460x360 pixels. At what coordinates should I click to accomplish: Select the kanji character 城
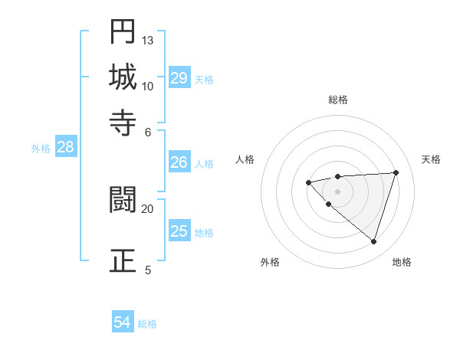(123, 77)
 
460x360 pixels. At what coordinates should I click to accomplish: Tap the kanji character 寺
(123, 122)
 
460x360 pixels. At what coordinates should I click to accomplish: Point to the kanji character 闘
(123, 200)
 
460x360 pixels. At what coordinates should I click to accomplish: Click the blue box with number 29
(179, 77)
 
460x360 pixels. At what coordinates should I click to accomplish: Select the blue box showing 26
(179, 162)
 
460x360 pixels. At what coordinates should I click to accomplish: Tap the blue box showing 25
(179, 231)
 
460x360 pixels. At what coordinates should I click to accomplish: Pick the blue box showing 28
(65, 148)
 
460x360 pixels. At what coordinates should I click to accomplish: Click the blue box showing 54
(123, 322)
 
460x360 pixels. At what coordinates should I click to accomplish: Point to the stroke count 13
(148, 40)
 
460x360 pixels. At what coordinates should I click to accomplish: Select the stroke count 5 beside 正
(148, 270)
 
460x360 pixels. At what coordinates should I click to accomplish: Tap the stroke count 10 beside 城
(148, 86)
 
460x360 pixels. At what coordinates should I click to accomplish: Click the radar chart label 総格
(337, 100)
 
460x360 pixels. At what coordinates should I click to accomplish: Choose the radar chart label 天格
(432, 159)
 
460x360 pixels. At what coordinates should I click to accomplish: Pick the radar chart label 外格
(270, 262)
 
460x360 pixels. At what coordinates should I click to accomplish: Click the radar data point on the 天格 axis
(396, 172)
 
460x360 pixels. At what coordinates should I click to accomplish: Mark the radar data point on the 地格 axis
(373, 241)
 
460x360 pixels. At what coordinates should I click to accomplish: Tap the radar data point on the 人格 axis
(308, 182)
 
